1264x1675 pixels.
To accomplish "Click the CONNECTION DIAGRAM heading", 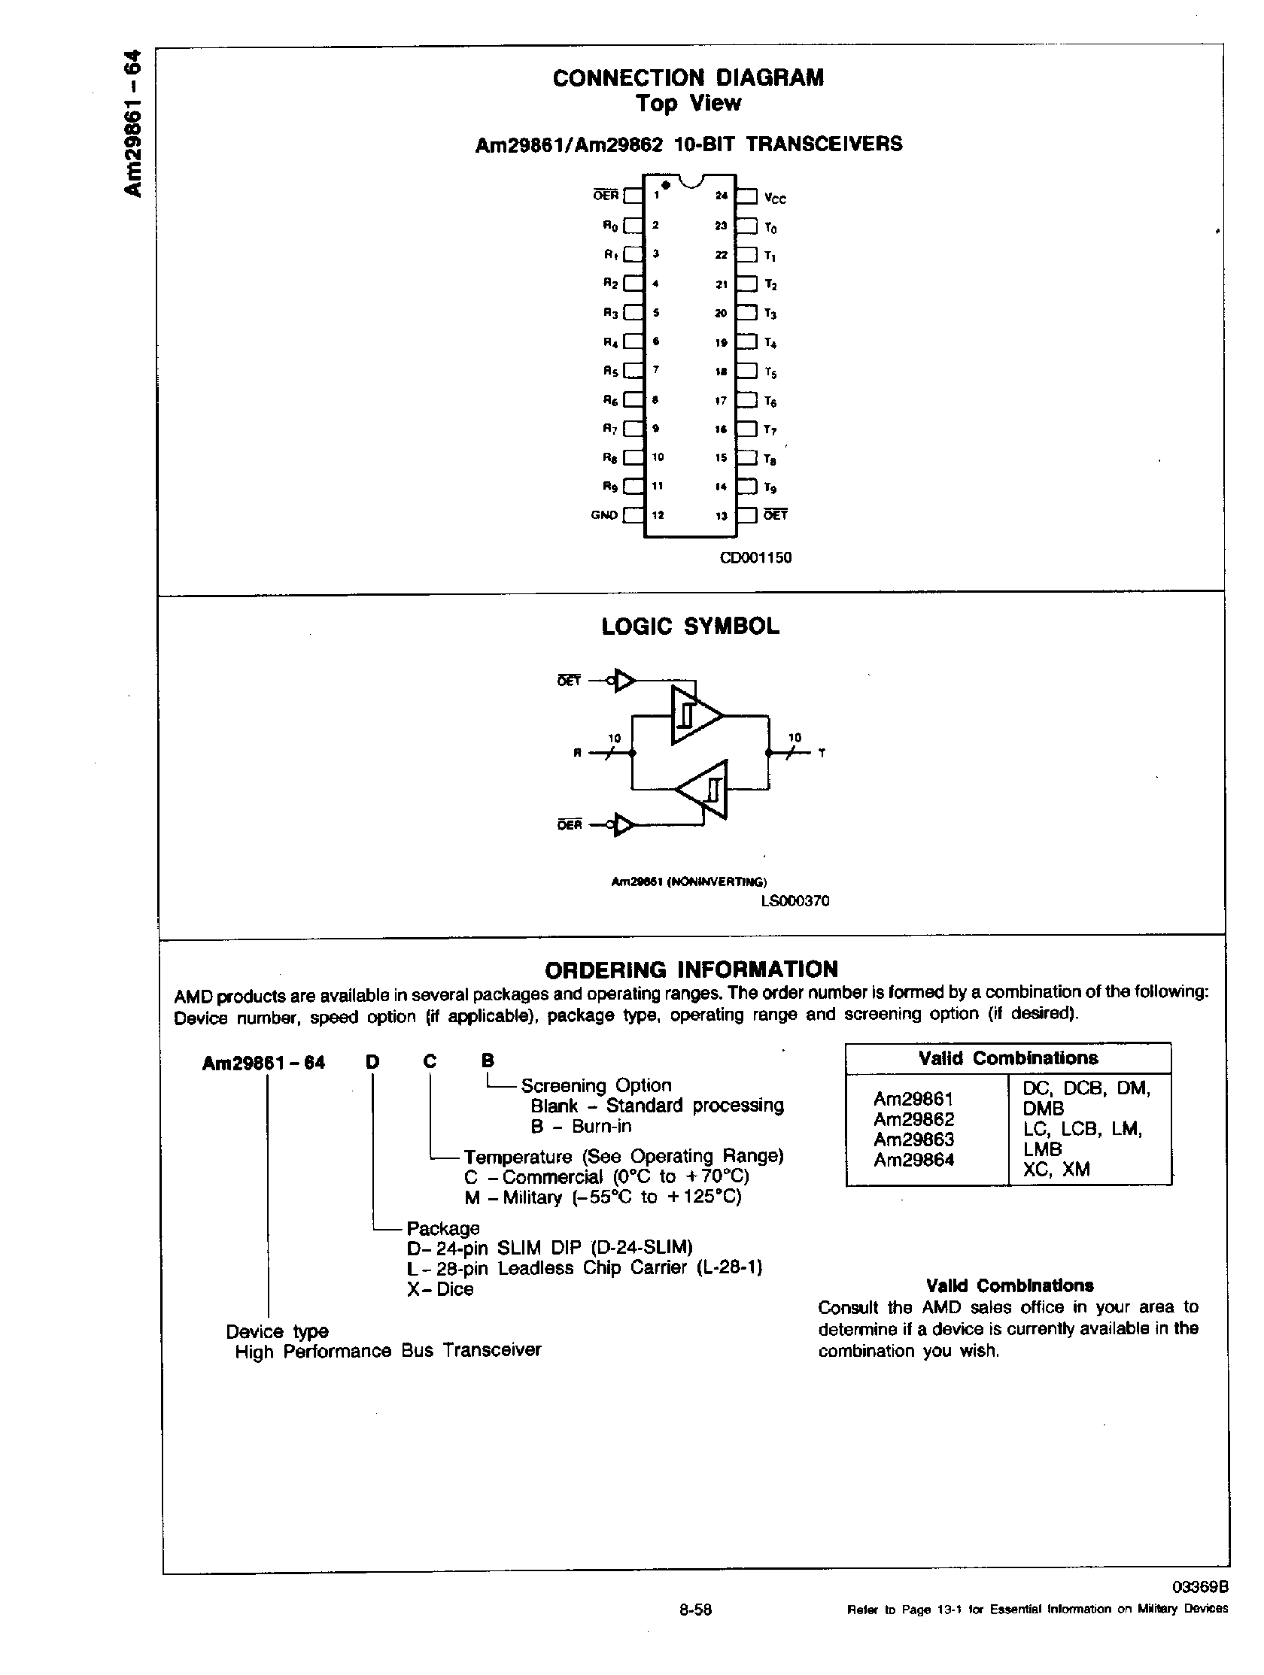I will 688,77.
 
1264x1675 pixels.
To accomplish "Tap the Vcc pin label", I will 775,199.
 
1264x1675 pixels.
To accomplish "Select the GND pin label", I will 603,515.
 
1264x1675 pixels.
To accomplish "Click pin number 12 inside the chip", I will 658,515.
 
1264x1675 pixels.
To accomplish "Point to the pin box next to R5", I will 634,371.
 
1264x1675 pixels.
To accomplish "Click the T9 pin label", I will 770,487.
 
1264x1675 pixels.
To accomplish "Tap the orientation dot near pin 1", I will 665,185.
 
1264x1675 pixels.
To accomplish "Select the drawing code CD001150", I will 755,558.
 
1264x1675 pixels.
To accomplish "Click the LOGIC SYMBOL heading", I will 690,627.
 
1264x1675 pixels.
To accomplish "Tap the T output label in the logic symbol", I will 822,754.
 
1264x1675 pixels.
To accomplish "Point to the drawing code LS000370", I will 795,900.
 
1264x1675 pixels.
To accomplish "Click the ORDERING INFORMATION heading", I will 691,969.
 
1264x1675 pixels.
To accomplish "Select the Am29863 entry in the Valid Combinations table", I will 913,1139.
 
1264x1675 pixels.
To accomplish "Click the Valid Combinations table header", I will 1008,1057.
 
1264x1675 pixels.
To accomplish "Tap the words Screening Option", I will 596,1085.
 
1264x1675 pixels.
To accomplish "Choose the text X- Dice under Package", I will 440,1289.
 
